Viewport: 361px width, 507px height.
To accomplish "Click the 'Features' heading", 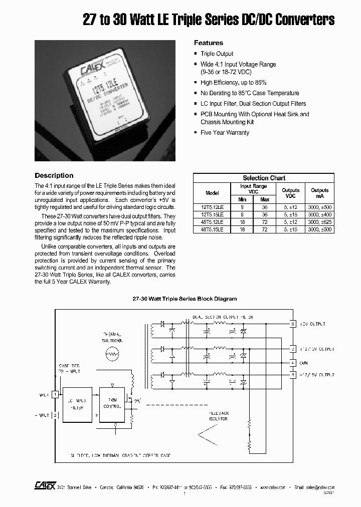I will (208, 43).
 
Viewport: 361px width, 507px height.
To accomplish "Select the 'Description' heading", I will (54, 176).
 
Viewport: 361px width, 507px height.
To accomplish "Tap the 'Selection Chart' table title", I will (264, 178).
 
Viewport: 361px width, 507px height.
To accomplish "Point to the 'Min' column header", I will (243, 199).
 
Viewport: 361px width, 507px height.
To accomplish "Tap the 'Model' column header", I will (212, 192).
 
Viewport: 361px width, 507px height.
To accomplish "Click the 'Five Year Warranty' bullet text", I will (225, 133).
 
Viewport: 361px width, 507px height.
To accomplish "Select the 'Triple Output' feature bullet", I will (217, 54).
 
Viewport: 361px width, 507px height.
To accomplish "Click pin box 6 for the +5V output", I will (293, 324).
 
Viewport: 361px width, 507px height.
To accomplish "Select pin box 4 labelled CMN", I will (293, 362).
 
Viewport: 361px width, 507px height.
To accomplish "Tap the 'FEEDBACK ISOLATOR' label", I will (218, 416).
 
